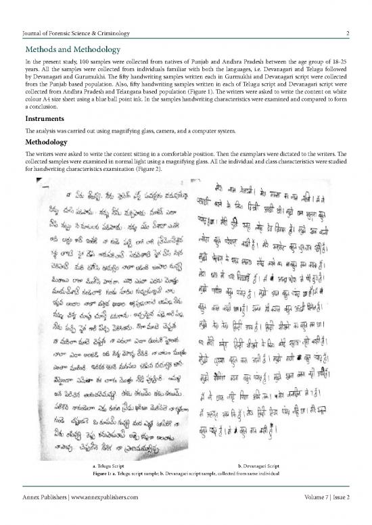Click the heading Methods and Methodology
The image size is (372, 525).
[x=72, y=50]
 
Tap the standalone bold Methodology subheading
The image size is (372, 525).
[x=51, y=143]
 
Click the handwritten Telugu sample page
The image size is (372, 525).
[x=105, y=318]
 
